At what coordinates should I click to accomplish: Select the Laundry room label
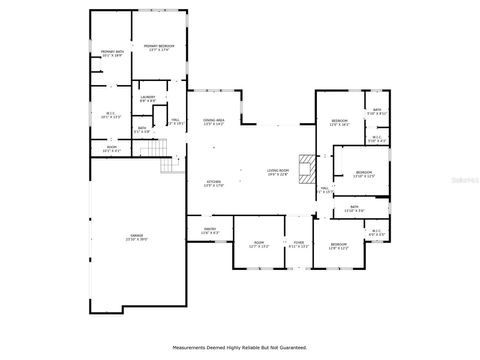[147, 98]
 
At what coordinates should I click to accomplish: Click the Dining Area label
[213, 121]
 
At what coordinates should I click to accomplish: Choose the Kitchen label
[213, 182]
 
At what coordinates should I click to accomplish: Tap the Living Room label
[279, 172]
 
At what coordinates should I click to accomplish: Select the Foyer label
[298, 244]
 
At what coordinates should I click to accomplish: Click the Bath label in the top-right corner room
[377, 111]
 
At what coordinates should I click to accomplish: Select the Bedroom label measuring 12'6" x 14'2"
[338, 122]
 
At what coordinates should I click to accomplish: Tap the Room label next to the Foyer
[258, 244]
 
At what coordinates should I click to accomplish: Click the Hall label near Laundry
[175, 121]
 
